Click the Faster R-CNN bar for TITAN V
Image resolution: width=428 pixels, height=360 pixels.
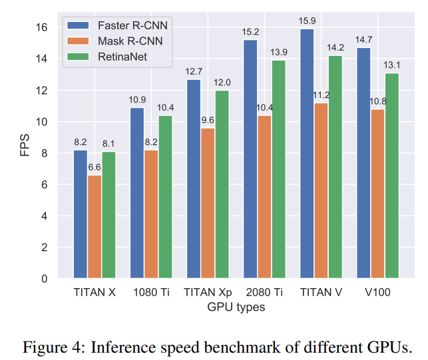coord(307,153)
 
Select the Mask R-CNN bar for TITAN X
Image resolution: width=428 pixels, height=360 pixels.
coord(95,226)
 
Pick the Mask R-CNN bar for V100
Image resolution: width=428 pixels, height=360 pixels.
coord(377,194)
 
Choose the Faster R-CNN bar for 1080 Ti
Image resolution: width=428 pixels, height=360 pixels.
coord(137,192)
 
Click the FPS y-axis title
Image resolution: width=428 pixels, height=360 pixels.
coord(24,148)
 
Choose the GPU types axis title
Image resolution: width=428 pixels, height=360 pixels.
coord(236,307)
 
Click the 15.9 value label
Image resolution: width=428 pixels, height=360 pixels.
coord(307,22)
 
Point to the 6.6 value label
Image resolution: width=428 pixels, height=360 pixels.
coord(95,168)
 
